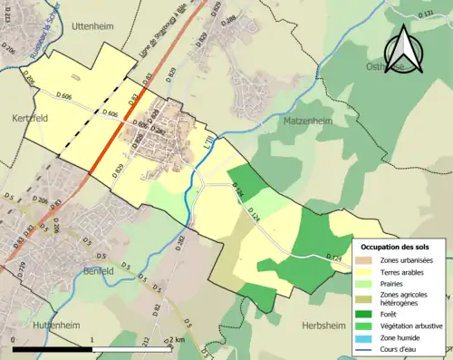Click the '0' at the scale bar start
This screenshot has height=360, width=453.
pyautogui.click(x=14, y=340)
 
